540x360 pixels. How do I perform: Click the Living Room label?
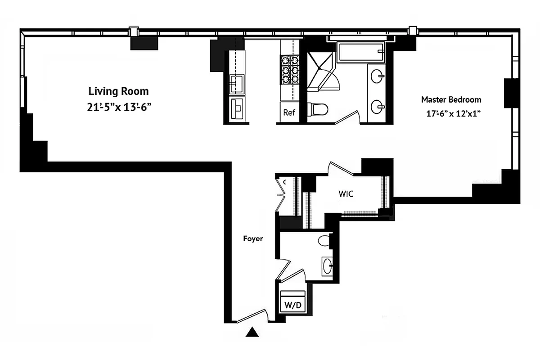pyautogui.click(x=118, y=91)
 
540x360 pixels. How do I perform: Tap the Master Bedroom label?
pyautogui.click(x=451, y=99)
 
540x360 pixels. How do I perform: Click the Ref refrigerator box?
pyautogui.click(x=289, y=112)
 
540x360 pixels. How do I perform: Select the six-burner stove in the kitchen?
pyautogui.click(x=290, y=69)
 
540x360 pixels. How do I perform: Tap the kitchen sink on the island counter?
pyautogui.click(x=236, y=83)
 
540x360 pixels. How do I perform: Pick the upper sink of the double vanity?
pyautogui.click(x=378, y=77)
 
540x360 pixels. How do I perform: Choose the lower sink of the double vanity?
pyautogui.click(x=378, y=107)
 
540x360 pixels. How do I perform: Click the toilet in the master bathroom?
pyautogui.click(x=319, y=109)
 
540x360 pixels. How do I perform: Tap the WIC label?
pyautogui.click(x=346, y=194)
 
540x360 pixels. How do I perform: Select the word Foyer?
pyautogui.click(x=253, y=239)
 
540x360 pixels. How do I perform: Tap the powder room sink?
pyautogui.click(x=328, y=265)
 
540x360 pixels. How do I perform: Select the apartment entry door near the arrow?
pyautogui.click(x=252, y=315)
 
